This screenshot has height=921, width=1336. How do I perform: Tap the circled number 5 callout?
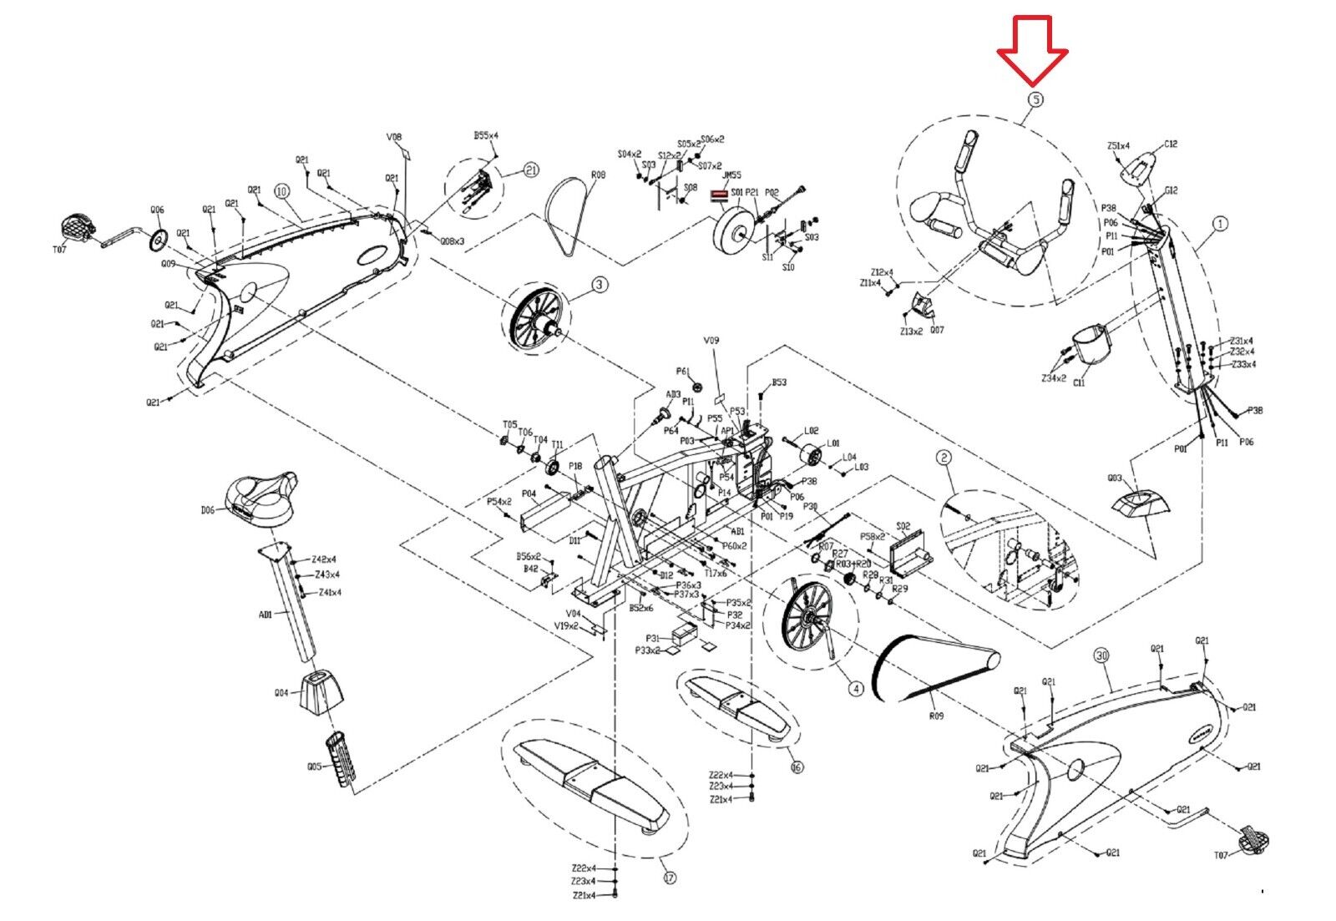pyautogui.click(x=1034, y=99)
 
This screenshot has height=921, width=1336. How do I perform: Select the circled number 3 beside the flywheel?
pyautogui.click(x=600, y=286)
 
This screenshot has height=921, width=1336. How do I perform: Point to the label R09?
pyautogui.click(x=937, y=716)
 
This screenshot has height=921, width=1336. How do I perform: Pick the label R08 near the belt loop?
pyautogui.click(x=598, y=176)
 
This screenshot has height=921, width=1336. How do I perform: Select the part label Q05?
pyautogui.click(x=314, y=766)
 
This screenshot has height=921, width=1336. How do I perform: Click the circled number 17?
pyautogui.click(x=669, y=878)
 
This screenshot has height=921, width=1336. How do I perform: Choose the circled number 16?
pyautogui.click(x=797, y=767)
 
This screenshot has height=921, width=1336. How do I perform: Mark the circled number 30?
pyautogui.click(x=1102, y=656)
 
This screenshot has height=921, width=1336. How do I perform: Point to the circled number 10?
pyautogui.click(x=281, y=191)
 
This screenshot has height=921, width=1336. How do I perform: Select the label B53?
pyautogui.click(x=778, y=382)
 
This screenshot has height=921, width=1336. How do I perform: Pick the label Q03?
pyautogui.click(x=1115, y=478)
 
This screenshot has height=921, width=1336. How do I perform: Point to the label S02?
pyautogui.click(x=903, y=527)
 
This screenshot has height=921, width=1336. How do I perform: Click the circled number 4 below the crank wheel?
pyautogui.click(x=855, y=690)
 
